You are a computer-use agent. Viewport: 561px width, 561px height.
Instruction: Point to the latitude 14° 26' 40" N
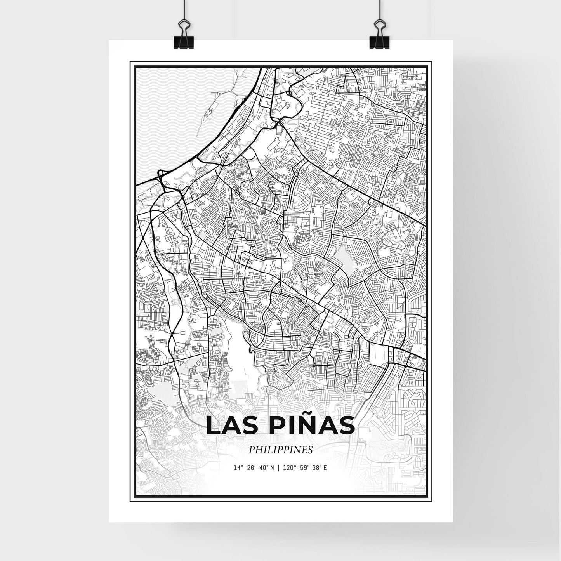[254, 468]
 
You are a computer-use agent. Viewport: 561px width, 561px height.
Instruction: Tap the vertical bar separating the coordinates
[280, 468]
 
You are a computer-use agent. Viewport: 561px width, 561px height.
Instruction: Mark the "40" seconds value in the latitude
[263, 468]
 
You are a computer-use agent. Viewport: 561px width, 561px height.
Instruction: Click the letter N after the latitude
[273, 468]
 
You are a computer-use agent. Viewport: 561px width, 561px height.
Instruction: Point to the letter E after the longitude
[325, 468]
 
